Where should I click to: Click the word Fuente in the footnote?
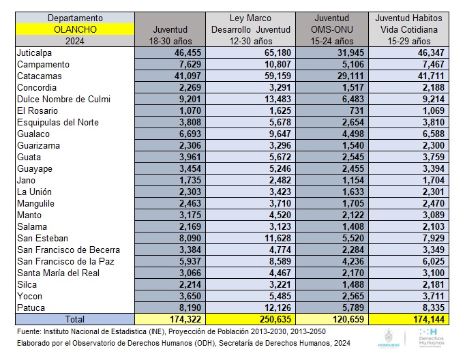point(29,331)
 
